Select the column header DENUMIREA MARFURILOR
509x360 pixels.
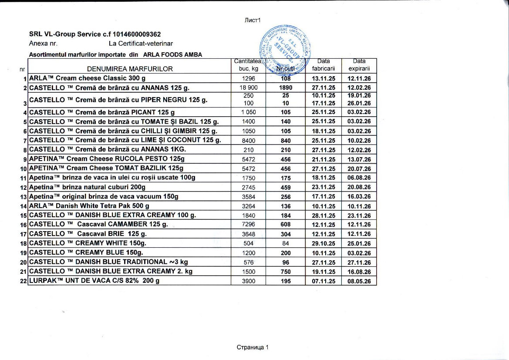pyautogui.click(x=130, y=69)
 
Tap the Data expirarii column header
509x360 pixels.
pyautogui.click(x=359, y=65)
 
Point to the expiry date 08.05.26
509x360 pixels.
pyautogui.click(x=359, y=281)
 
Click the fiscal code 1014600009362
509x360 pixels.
pyautogui.click(x=139, y=34)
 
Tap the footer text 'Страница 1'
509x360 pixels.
pyautogui.click(x=253, y=347)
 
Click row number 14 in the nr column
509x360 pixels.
pyautogui.click(x=24, y=206)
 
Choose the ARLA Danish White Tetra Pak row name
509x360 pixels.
pyautogui.click(x=89, y=206)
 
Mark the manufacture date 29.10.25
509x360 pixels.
pyautogui.click(x=324, y=244)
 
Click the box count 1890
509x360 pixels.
pyautogui.click(x=286, y=88)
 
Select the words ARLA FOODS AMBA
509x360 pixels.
pyautogui.click(x=172, y=54)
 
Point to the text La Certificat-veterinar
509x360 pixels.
pyautogui.click(x=141, y=44)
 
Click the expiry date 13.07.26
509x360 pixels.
pyautogui.click(x=359, y=160)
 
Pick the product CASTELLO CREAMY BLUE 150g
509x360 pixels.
pyautogui.click(x=86, y=252)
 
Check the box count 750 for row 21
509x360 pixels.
pyautogui.click(x=286, y=272)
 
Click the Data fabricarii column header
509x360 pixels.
pyautogui.click(x=324, y=65)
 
